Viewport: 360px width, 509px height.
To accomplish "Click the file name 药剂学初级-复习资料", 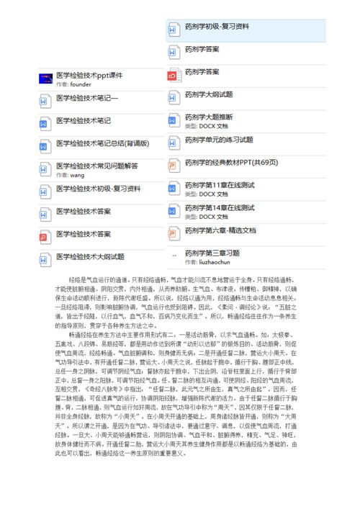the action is pos(217,27).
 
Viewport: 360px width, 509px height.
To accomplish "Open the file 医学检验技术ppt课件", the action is pos(89,75).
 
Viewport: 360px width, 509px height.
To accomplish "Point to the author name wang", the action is pos(77,175).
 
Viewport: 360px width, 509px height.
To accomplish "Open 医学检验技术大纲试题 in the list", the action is pos(90,256).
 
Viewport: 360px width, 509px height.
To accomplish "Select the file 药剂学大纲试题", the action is pos(208,94).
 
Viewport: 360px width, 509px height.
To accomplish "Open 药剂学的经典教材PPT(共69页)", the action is pos(230,162).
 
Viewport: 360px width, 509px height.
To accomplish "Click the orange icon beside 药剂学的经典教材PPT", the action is pos(173,166).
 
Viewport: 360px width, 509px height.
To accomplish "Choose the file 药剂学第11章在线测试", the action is pos(220,185).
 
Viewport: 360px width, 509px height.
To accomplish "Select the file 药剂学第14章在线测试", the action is pos(220,207).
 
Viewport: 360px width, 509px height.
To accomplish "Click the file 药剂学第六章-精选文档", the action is pos(220,230).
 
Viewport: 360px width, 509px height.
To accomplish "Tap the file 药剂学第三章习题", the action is pos(212,253).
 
